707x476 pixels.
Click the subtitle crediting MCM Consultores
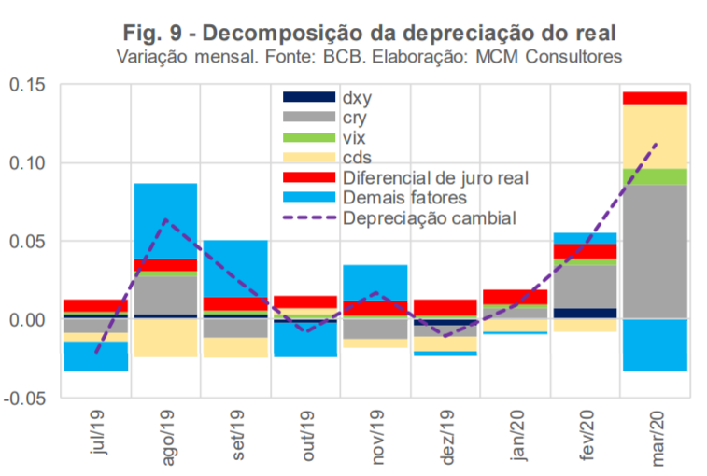pyautogui.click(x=368, y=57)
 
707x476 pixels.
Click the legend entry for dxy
pyautogui.click(x=361, y=97)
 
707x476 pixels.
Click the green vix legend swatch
pyautogui.click(x=308, y=137)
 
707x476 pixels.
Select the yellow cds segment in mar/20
pyautogui.click(x=654, y=136)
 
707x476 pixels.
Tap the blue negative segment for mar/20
pyautogui.click(x=654, y=344)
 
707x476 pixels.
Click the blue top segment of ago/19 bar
pyautogui.click(x=165, y=220)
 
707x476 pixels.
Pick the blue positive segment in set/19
pyautogui.click(x=235, y=268)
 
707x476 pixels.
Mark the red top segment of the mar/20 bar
pyautogui.click(x=654, y=98)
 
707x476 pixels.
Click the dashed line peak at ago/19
pyautogui.click(x=165, y=220)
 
